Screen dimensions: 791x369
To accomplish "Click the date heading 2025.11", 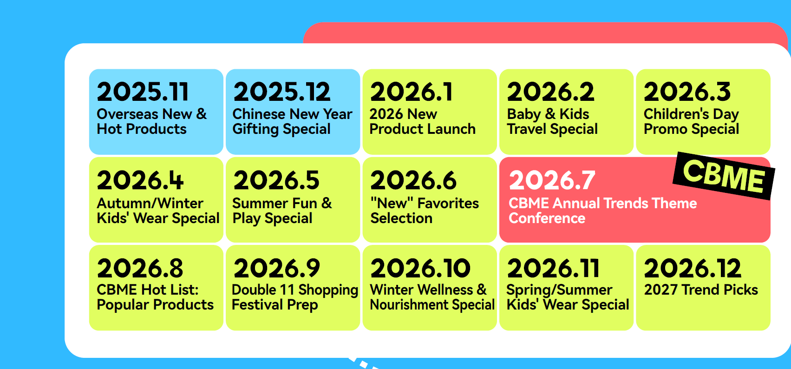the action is pos(143,92).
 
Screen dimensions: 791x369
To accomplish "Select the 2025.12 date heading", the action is pos(282,92).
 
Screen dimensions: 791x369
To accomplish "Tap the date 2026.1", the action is pos(411,92).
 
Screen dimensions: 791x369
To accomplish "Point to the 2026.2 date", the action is pos(550,92).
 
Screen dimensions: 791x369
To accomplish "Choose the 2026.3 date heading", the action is pos(687,92).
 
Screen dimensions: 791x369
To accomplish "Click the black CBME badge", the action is pos(724,176).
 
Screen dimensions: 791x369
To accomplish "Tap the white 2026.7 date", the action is pos(552,180).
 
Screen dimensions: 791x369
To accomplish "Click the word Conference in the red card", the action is pos(547,218).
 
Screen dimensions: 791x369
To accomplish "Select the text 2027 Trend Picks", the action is pos(701,290).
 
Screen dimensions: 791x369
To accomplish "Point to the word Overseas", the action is pos(127,114).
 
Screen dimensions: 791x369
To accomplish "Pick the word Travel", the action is pos(527,129).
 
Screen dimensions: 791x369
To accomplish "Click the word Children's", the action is pos(676,114).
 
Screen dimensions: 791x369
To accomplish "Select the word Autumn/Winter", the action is pos(150,203).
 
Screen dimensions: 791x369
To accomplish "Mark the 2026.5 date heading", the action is pos(276,180).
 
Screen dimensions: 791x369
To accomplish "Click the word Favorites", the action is pos(448,203).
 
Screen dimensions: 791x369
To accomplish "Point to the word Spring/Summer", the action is pos(559,290).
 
